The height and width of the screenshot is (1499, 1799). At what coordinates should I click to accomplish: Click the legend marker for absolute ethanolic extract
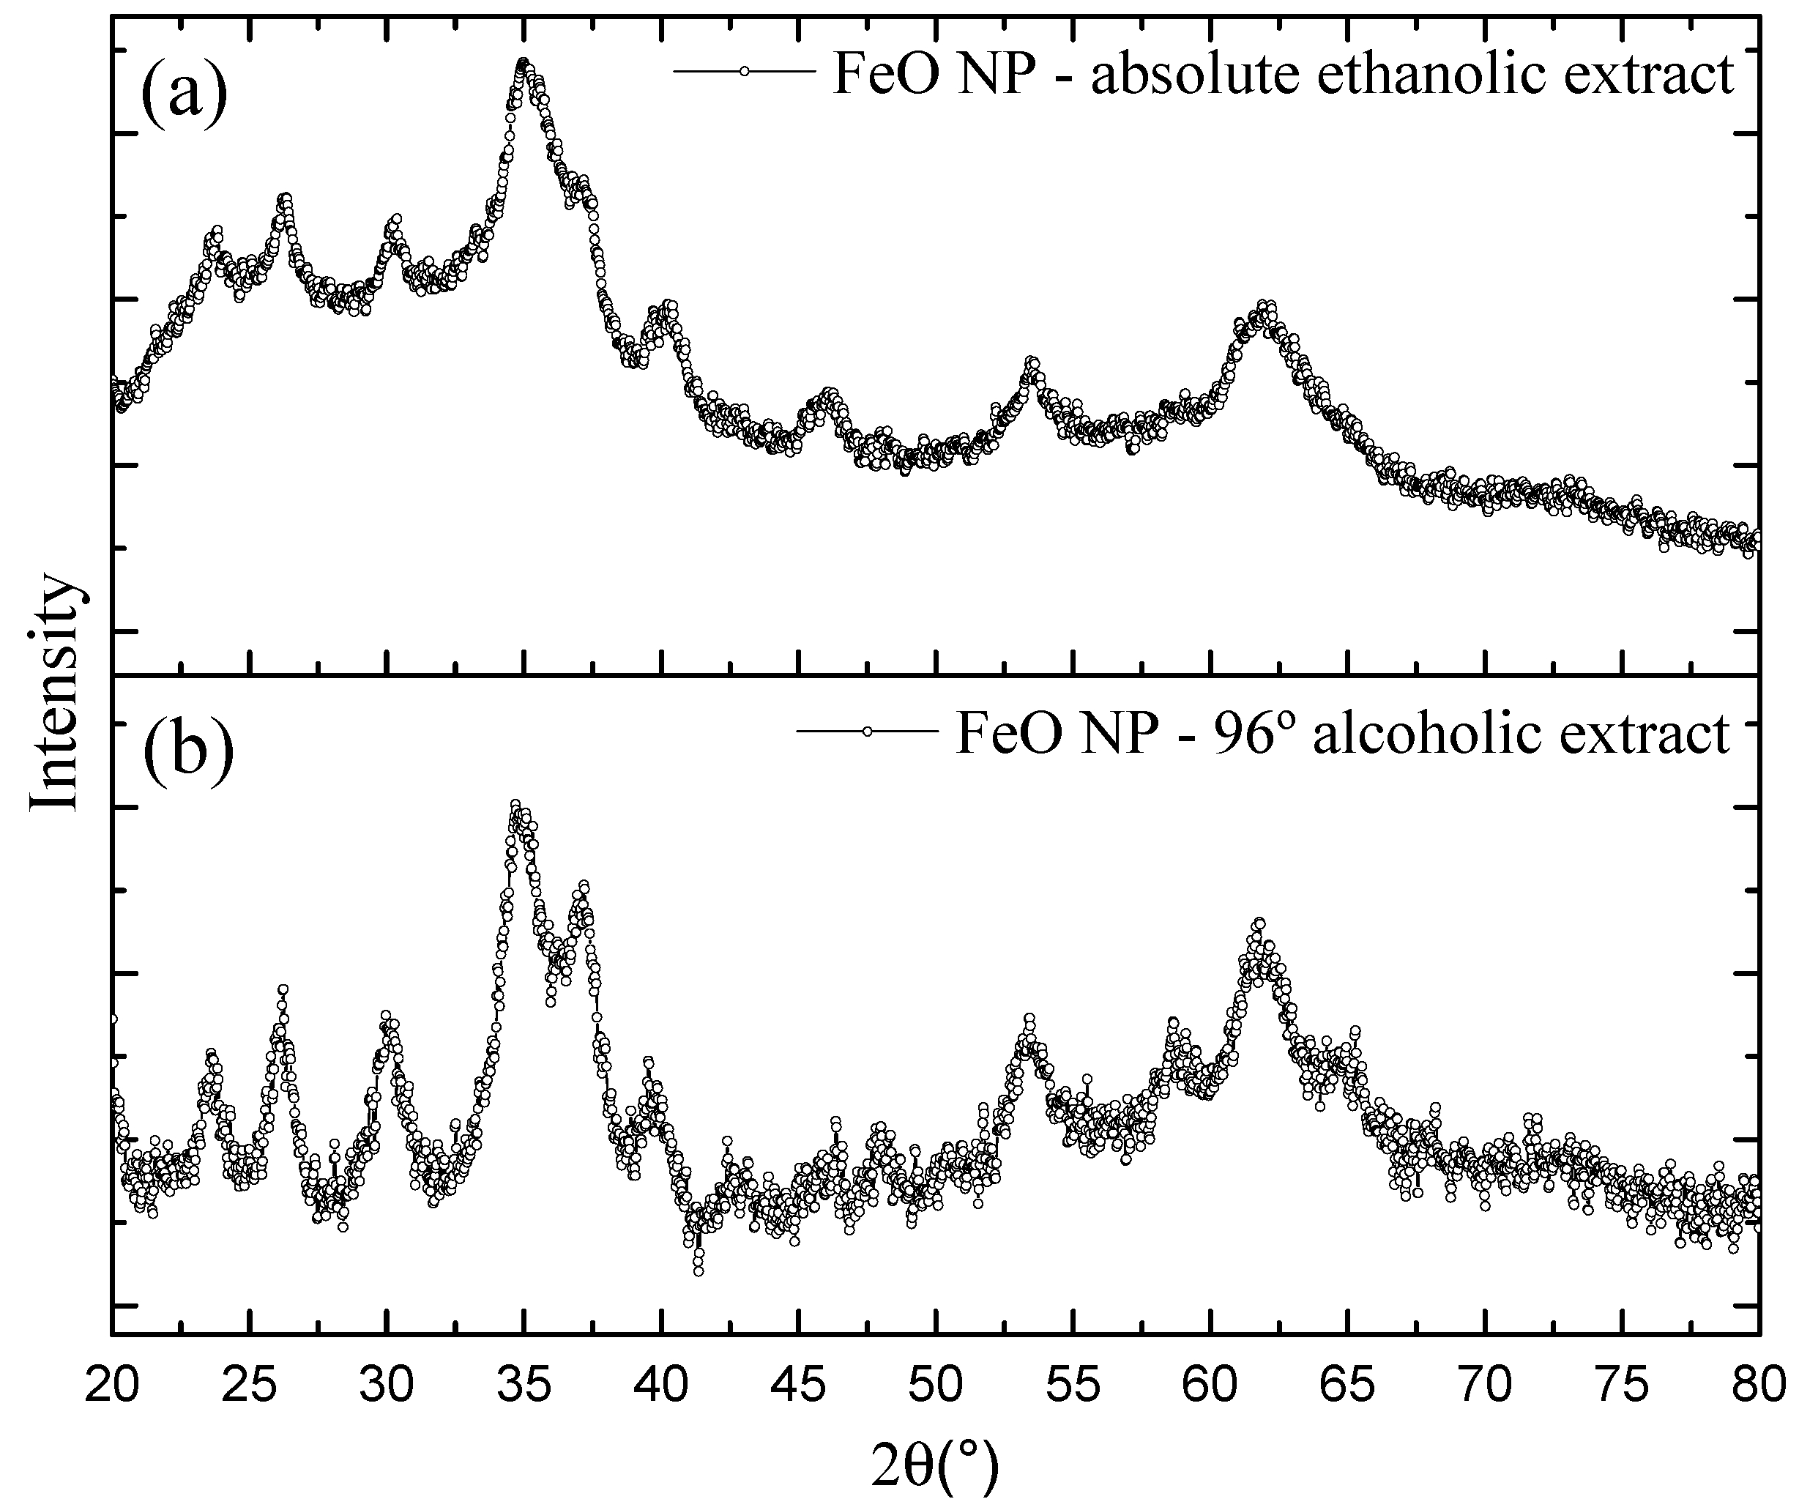(x=744, y=72)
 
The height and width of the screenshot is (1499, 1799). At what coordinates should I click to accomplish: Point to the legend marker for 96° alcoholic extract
(x=867, y=732)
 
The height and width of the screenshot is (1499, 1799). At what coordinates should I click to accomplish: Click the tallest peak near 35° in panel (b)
(x=515, y=804)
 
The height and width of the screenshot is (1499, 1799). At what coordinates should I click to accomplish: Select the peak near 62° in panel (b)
(x=1259, y=923)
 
